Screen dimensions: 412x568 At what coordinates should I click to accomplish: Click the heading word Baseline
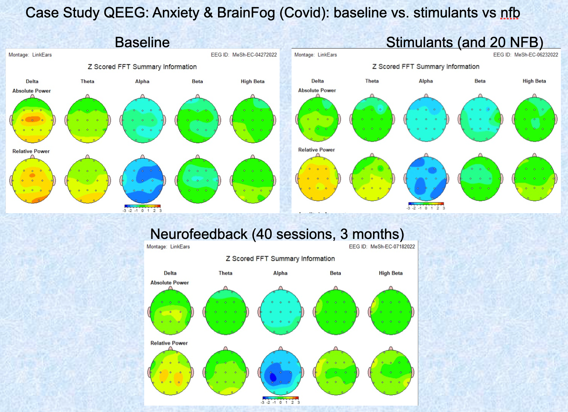point(142,42)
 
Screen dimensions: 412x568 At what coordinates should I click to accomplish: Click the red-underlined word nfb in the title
point(510,13)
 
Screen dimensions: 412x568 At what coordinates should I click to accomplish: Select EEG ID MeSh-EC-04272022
point(243,55)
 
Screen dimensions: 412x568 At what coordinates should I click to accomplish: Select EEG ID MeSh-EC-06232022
point(525,55)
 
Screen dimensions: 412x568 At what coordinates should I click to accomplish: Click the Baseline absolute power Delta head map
point(33,120)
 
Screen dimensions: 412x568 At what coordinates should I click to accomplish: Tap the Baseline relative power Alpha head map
point(143,181)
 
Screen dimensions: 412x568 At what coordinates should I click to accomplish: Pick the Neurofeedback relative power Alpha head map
point(281,373)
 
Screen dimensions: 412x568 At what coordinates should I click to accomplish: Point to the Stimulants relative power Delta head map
point(318,179)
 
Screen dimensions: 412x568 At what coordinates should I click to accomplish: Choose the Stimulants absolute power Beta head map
point(480,119)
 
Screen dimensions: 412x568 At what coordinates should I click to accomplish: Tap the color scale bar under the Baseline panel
point(142,206)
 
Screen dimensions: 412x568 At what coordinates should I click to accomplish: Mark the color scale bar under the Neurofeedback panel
point(280,398)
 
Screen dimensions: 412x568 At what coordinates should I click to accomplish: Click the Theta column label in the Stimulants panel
point(372,81)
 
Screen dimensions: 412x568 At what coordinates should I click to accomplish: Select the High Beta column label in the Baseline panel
point(252,81)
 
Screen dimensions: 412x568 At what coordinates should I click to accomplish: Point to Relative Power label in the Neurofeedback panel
point(169,343)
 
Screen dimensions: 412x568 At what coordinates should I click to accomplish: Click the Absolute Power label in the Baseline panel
point(31,91)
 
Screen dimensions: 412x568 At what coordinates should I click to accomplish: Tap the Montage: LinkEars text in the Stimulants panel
point(315,55)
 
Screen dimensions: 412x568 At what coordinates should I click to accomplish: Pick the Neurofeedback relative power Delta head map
point(170,373)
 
